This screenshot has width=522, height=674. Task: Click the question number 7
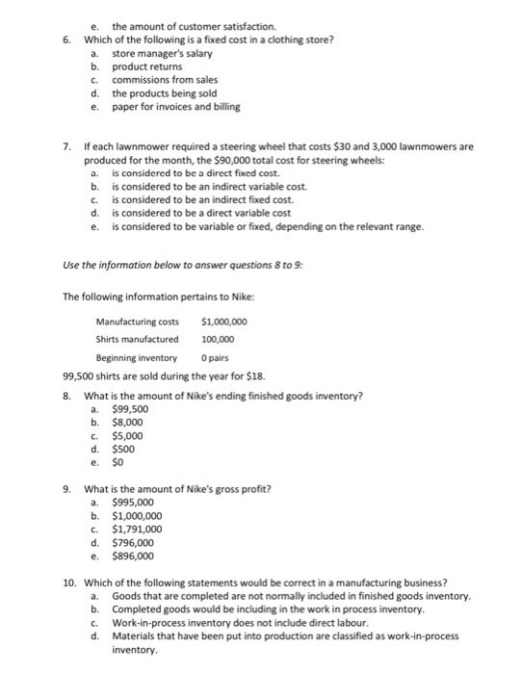click(x=65, y=148)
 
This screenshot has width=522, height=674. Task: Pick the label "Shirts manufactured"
click(x=137, y=339)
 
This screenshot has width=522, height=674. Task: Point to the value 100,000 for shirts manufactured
click(x=219, y=339)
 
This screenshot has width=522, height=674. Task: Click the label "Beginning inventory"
click(x=139, y=357)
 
